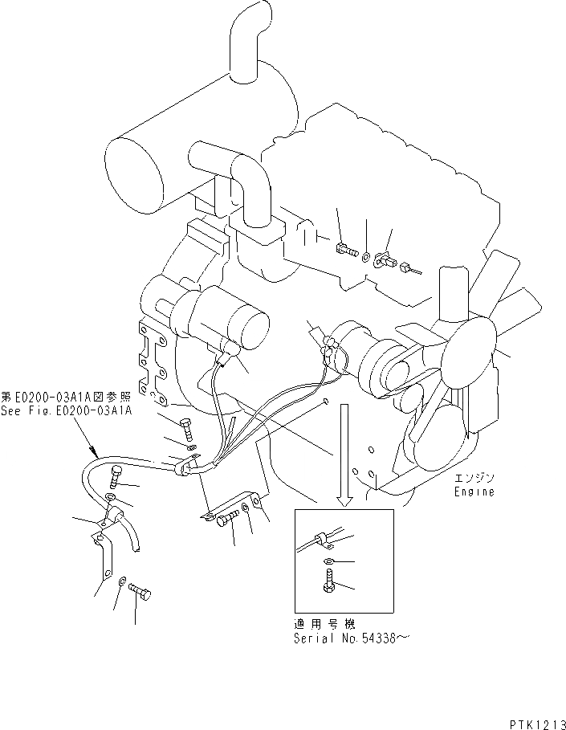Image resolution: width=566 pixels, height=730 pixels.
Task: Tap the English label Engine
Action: (474, 491)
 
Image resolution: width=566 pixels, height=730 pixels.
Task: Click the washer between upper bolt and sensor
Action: (365, 258)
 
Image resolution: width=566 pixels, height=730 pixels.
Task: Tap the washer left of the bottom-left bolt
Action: (121, 581)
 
